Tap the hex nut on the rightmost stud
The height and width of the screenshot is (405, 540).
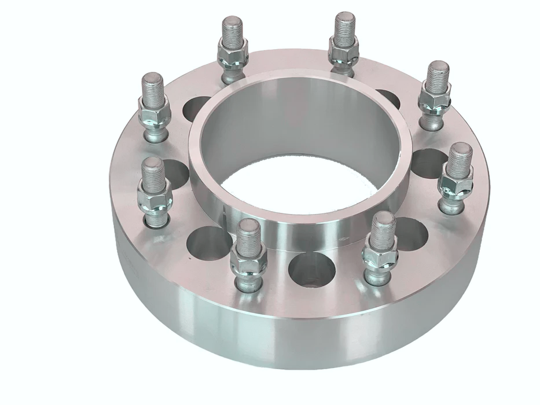pyautogui.click(x=456, y=184)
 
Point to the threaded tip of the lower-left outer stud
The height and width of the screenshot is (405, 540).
pyautogui.click(x=153, y=169)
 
